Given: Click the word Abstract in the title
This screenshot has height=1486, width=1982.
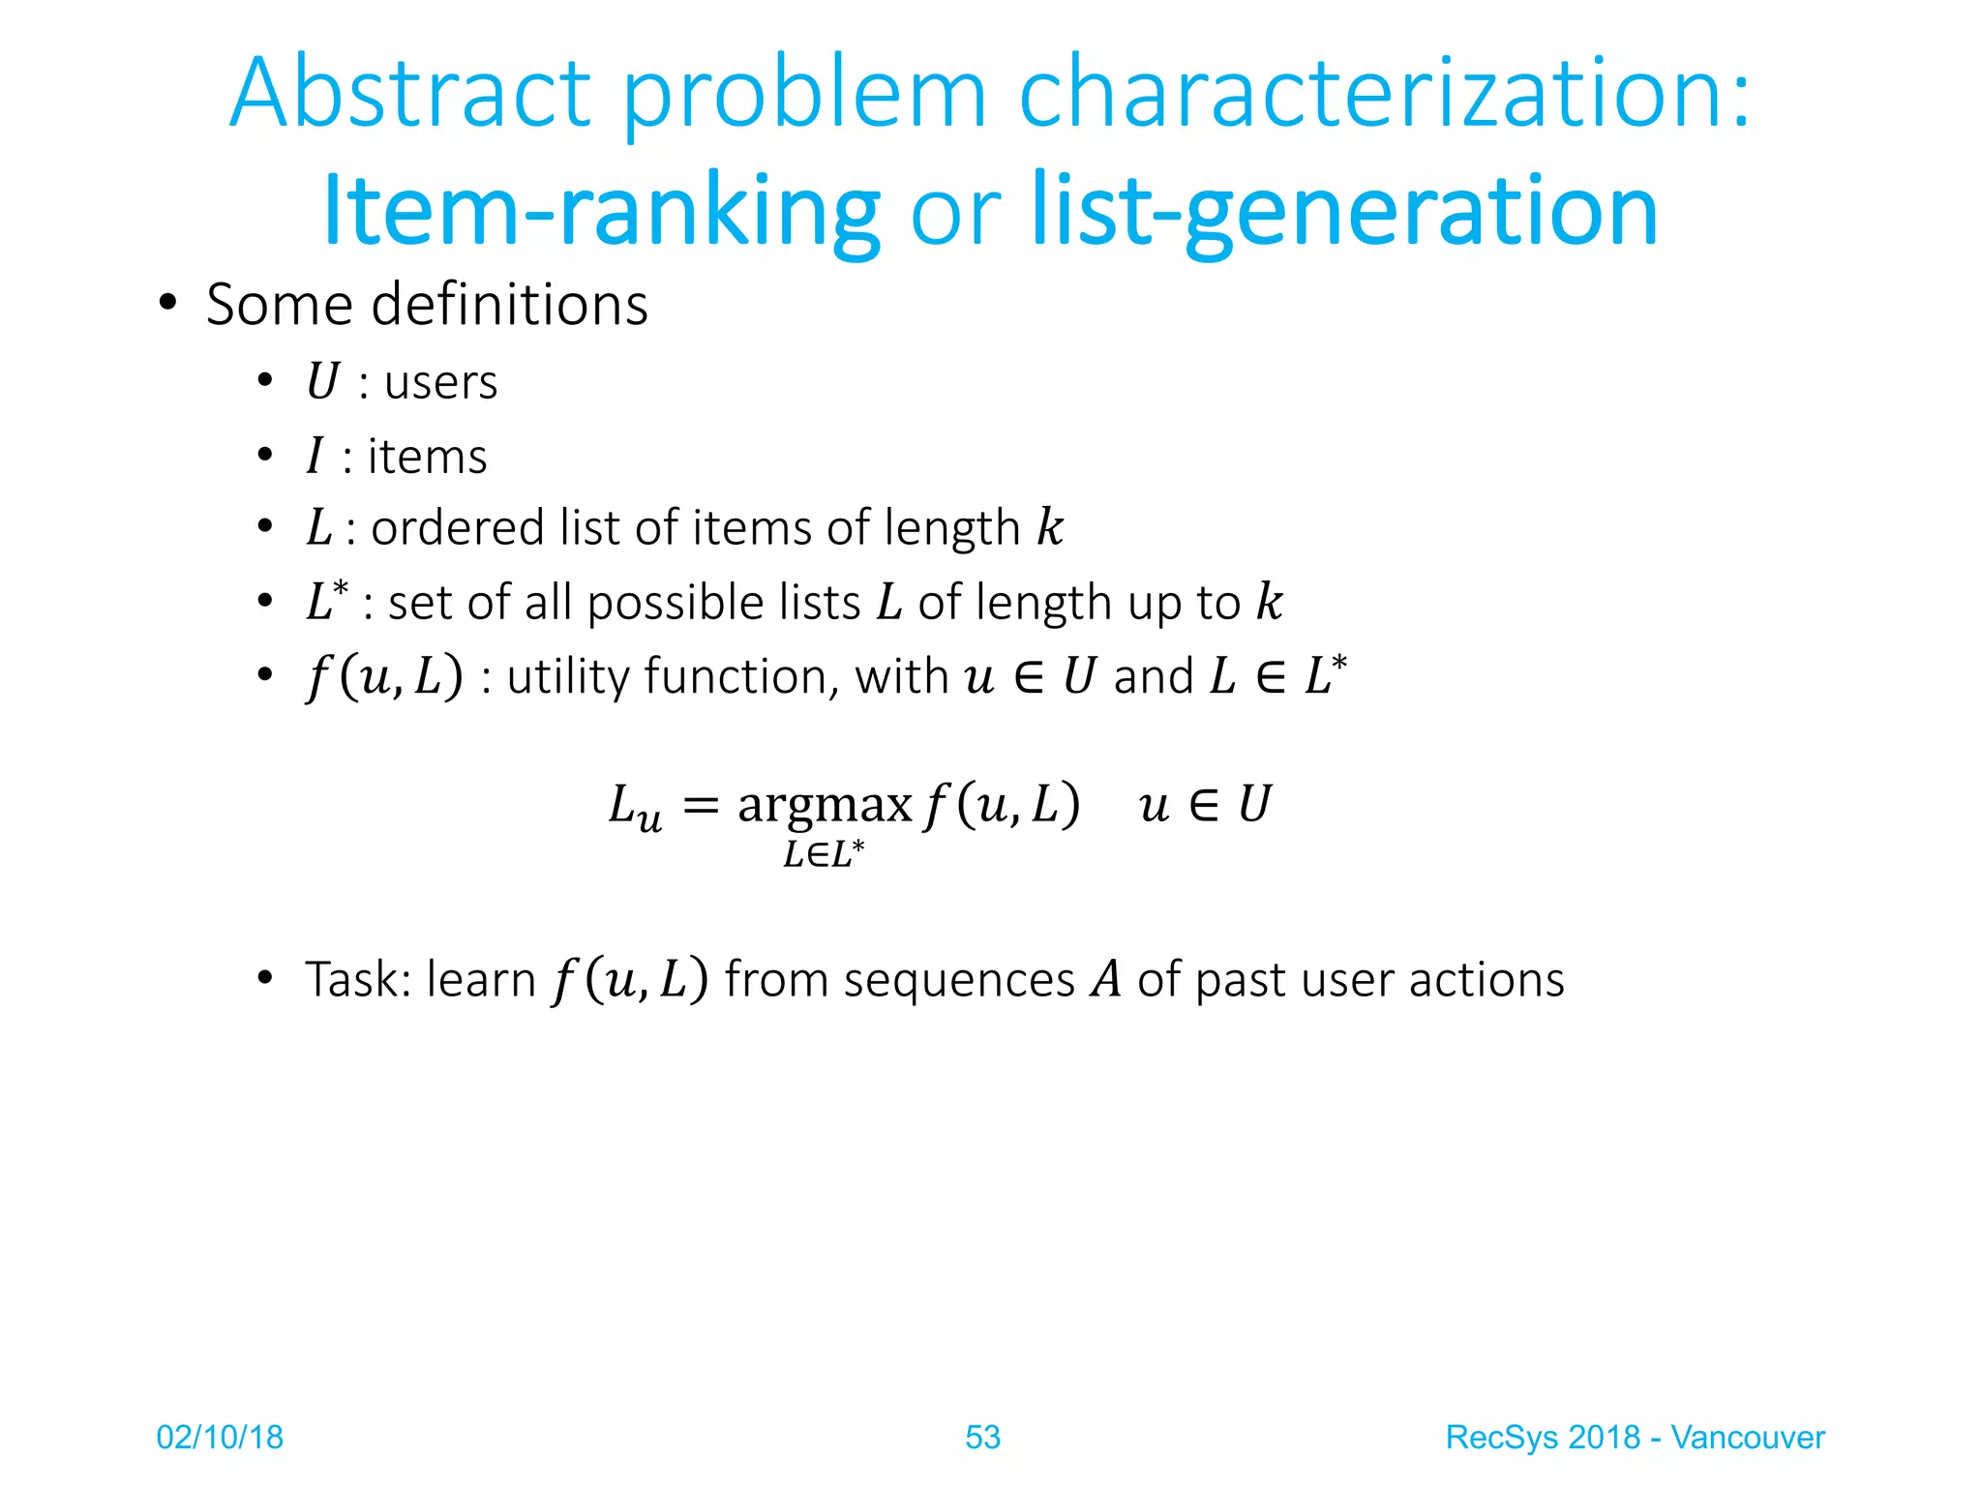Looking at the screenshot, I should (x=410, y=94).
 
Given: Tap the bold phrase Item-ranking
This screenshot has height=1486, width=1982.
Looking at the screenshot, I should (x=601, y=210).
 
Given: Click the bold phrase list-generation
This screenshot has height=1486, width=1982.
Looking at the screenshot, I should (x=1345, y=210).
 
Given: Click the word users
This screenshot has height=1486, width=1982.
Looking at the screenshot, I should (x=440, y=382).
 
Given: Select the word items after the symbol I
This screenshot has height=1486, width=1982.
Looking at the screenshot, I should (x=427, y=457).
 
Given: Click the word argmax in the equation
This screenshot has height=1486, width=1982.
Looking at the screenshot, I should (x=825, y=804).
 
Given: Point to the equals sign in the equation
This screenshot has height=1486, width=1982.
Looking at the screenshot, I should (x=701, y=805).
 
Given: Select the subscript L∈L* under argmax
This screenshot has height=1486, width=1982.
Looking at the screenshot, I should (x=824, y=854).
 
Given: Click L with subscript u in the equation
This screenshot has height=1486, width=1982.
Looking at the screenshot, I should (x=635, y=807).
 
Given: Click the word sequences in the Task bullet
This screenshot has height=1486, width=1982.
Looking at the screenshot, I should (x=959, y=981).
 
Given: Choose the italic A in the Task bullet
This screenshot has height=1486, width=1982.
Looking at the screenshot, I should (x=1105, y=979).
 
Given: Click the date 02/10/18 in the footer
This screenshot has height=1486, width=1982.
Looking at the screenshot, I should (x=220, y=1438).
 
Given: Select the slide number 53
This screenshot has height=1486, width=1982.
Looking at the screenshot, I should (x=982, y=1438).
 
